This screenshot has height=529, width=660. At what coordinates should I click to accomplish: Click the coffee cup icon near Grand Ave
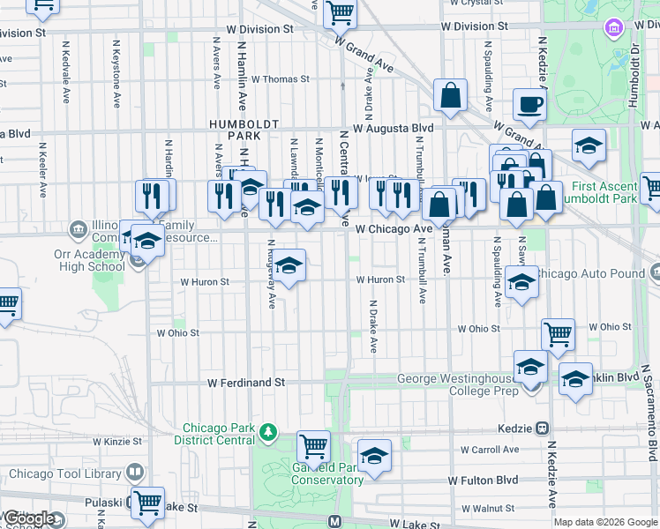(529, 105)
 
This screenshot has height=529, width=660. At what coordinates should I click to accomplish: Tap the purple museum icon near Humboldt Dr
(611, 28)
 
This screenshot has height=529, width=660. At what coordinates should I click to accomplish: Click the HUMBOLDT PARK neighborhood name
(234, 130)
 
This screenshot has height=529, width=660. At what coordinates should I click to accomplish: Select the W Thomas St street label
(280, 78)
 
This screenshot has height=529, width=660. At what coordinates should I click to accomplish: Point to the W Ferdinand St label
(247, 384)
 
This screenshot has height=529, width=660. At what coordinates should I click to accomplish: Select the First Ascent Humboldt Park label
(604, 193)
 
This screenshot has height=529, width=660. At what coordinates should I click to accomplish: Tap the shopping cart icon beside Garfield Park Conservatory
(313, 446)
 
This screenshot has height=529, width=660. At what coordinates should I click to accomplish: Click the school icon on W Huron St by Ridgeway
(289, 264)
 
